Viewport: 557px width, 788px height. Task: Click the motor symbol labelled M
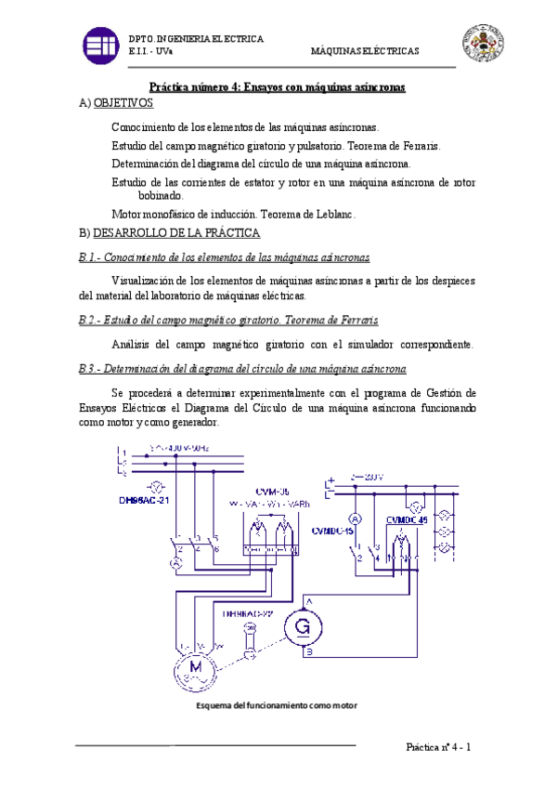click(x=196, y=669)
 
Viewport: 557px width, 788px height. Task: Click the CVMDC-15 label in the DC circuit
click(x=334, y=532)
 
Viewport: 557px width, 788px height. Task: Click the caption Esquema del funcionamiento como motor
click(x=277, y=706)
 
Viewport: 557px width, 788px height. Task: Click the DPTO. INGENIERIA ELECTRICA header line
click(x=196, y=39)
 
